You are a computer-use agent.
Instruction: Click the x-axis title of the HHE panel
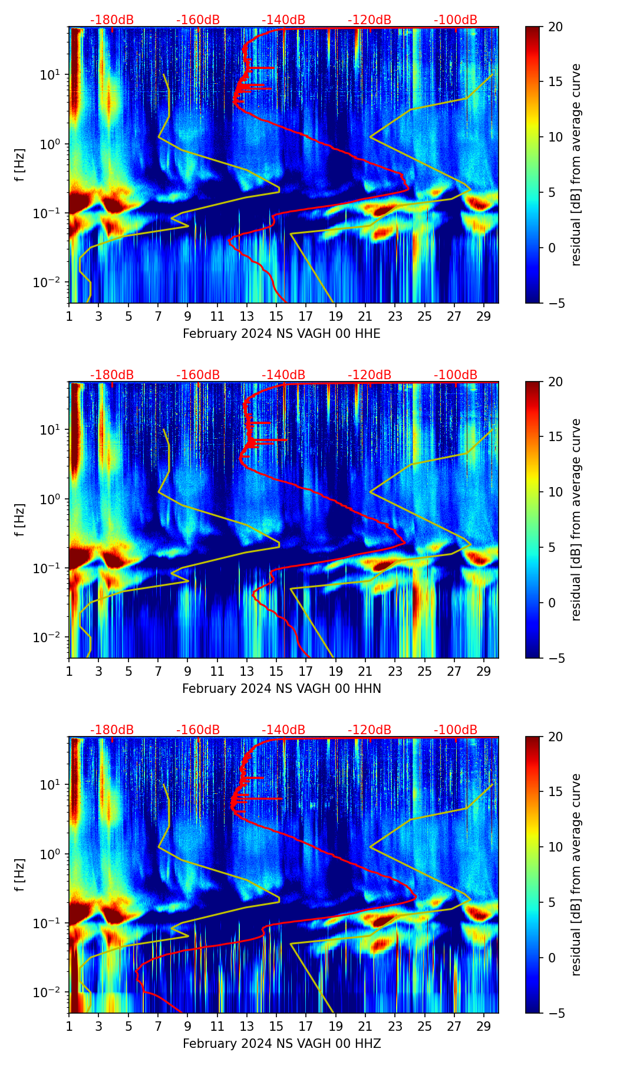(281, 334)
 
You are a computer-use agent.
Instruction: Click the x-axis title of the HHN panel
(281, 689)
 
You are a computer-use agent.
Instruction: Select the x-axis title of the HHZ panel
(281, 1044)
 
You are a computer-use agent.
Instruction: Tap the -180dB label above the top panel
(112, 20)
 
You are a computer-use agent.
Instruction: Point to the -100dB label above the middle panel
(456, 375)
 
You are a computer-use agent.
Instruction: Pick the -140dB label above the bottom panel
(283, 730)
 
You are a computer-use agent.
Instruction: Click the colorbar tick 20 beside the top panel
(555, 27)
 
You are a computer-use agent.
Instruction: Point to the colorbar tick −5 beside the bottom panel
(555, 1013)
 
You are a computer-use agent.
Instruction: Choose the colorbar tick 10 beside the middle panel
(555, 492)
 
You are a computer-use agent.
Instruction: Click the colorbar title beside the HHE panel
(576, 165)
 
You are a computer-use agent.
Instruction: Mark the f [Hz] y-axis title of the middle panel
(21, 520)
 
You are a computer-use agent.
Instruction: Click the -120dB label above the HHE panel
(370, 20)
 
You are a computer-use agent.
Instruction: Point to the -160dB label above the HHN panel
(198, 375)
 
